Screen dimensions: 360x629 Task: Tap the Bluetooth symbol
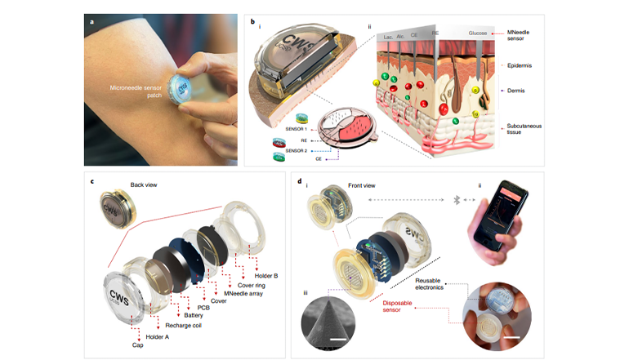tap(457, 198)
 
